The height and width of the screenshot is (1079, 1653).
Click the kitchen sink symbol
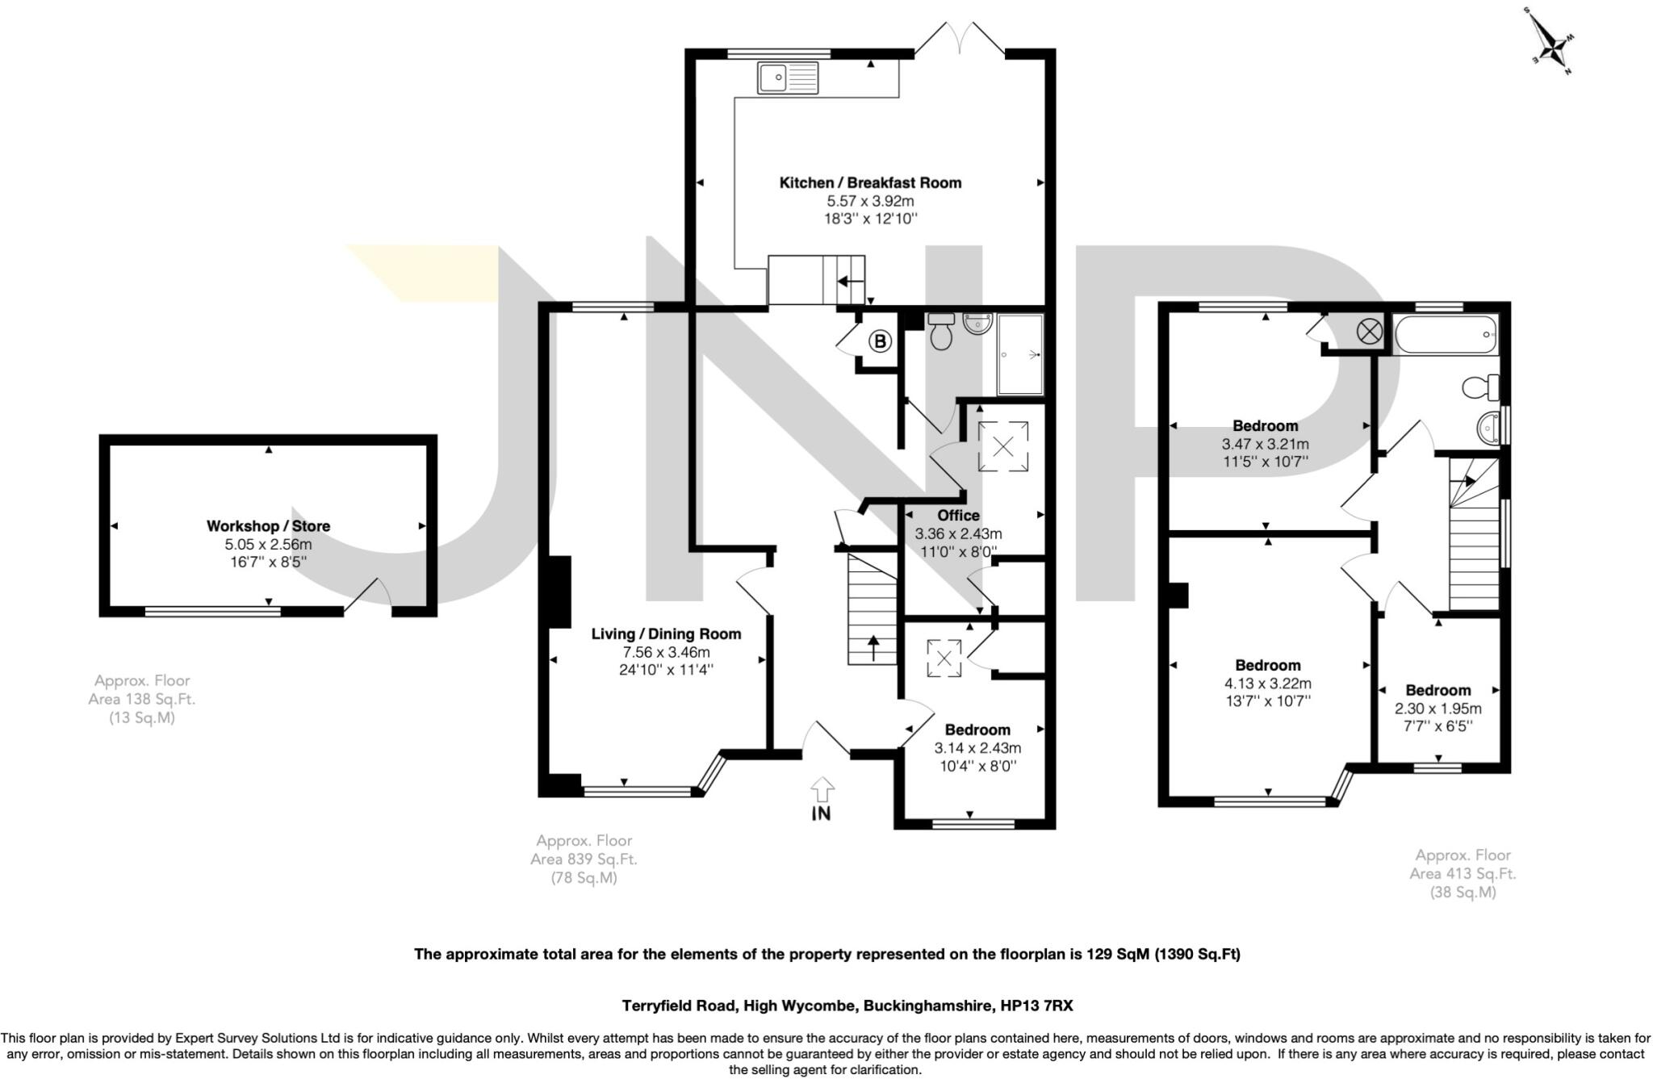(x=788, y=77)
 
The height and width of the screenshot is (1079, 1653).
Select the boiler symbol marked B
(x=880, y=342)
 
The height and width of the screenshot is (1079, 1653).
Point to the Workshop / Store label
(x=268, y=526)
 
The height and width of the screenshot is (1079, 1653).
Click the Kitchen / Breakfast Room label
(x=870, y=183)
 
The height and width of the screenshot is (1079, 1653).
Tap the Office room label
(x=958, y=516)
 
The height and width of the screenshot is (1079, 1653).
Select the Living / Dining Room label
(x=666, y=634)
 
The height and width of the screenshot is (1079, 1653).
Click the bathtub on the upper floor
(x=1446, y=334)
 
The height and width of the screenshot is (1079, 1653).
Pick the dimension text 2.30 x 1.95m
(x=1437, y=709)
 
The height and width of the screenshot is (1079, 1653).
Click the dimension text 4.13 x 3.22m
(x=1267, y=684)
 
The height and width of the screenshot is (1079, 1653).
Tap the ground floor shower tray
(x=1020, y=354)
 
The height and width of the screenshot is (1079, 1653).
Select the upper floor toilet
(x=1482, y=387)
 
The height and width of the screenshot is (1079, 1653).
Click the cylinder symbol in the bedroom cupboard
(x=1369, y=330)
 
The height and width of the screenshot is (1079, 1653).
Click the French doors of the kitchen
(x=960, y=39)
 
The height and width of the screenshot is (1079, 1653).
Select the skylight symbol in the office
(x=1002, y=445)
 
